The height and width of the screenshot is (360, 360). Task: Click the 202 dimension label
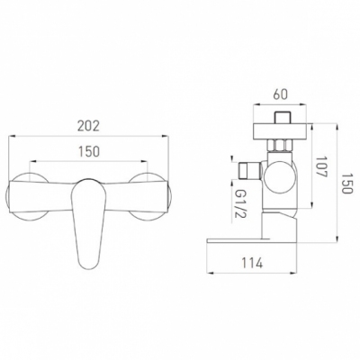pyautogui.click(x=88, y=126)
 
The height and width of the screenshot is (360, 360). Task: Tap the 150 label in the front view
pyautogui.click(x=88, y=151)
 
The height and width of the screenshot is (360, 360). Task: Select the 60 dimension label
pyautogui.click(x=280, y=94)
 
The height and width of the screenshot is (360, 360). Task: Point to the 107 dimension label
pyautogui.click(x=321, y=167)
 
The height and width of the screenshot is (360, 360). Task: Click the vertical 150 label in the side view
pyautogui.click(x=346, y=184)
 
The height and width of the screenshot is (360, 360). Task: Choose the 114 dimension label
pyautogui.click(x=252, y=263)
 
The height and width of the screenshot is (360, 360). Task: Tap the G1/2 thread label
pyautogui.click(x=238, y=204)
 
